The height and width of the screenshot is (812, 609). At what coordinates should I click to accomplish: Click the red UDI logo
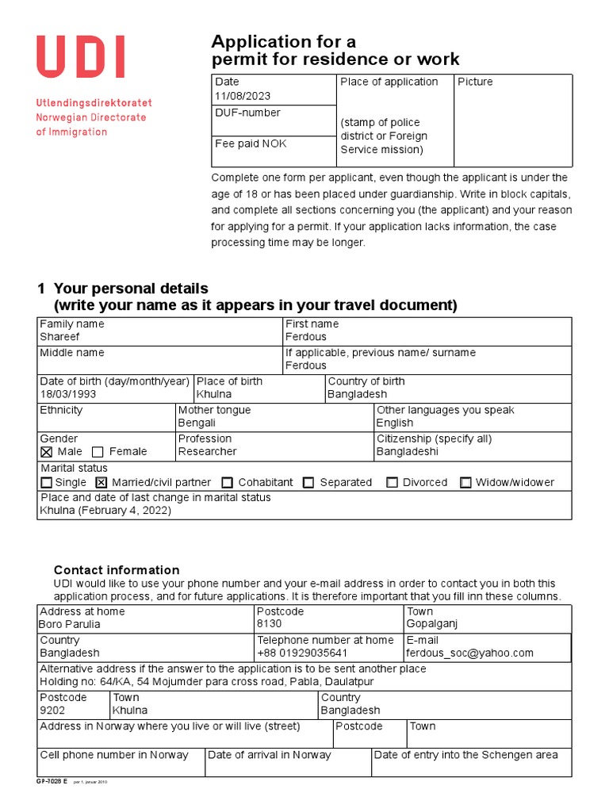pos(80,58)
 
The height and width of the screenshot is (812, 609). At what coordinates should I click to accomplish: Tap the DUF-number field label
pos(247,113)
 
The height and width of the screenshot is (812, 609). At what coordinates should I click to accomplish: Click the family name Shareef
pos(59,337)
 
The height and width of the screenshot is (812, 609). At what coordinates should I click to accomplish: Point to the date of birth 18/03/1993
pos(68,394)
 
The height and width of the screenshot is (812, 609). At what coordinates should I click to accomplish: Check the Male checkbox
pos(47,452)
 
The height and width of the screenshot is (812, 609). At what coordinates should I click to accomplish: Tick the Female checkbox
pos(98,452)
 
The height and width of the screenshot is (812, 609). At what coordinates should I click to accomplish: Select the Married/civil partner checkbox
pos(101,482)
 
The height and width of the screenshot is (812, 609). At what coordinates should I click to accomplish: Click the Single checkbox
pos(47,482)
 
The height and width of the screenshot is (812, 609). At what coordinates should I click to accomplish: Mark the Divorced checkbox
pos(392,482)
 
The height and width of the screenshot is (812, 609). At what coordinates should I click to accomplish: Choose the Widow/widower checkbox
pos(465,482)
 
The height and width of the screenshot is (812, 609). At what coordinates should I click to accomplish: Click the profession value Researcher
pos(207,451)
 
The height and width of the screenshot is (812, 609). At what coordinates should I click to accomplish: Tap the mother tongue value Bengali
pos(197,423)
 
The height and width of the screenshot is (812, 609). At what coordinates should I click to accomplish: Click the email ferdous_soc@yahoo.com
pos(469,653)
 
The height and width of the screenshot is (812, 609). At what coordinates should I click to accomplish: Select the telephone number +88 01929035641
pos(302,653)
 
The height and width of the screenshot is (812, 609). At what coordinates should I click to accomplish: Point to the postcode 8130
pos(269,624)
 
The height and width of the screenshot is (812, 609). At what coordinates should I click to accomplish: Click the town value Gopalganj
pos(432,624)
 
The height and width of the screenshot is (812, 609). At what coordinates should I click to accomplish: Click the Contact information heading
pos(117,570)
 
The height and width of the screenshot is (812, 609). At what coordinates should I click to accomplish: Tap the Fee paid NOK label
pos(251,144)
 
